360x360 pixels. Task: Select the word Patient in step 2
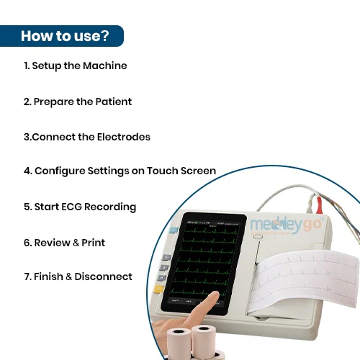[114, 102]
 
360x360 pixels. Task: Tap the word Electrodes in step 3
[124, 137]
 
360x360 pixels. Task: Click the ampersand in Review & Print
[76, 243]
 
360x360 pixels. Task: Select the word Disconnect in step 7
[103, 276]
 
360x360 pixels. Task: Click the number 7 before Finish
[27, 276]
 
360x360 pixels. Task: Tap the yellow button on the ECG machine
[159, 289]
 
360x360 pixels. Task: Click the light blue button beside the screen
[174, 230]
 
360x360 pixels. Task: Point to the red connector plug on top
[319, 205]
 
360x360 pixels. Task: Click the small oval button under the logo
[258, 237]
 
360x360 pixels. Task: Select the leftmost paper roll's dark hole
[179, 331]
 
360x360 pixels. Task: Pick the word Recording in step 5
[110, 207]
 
